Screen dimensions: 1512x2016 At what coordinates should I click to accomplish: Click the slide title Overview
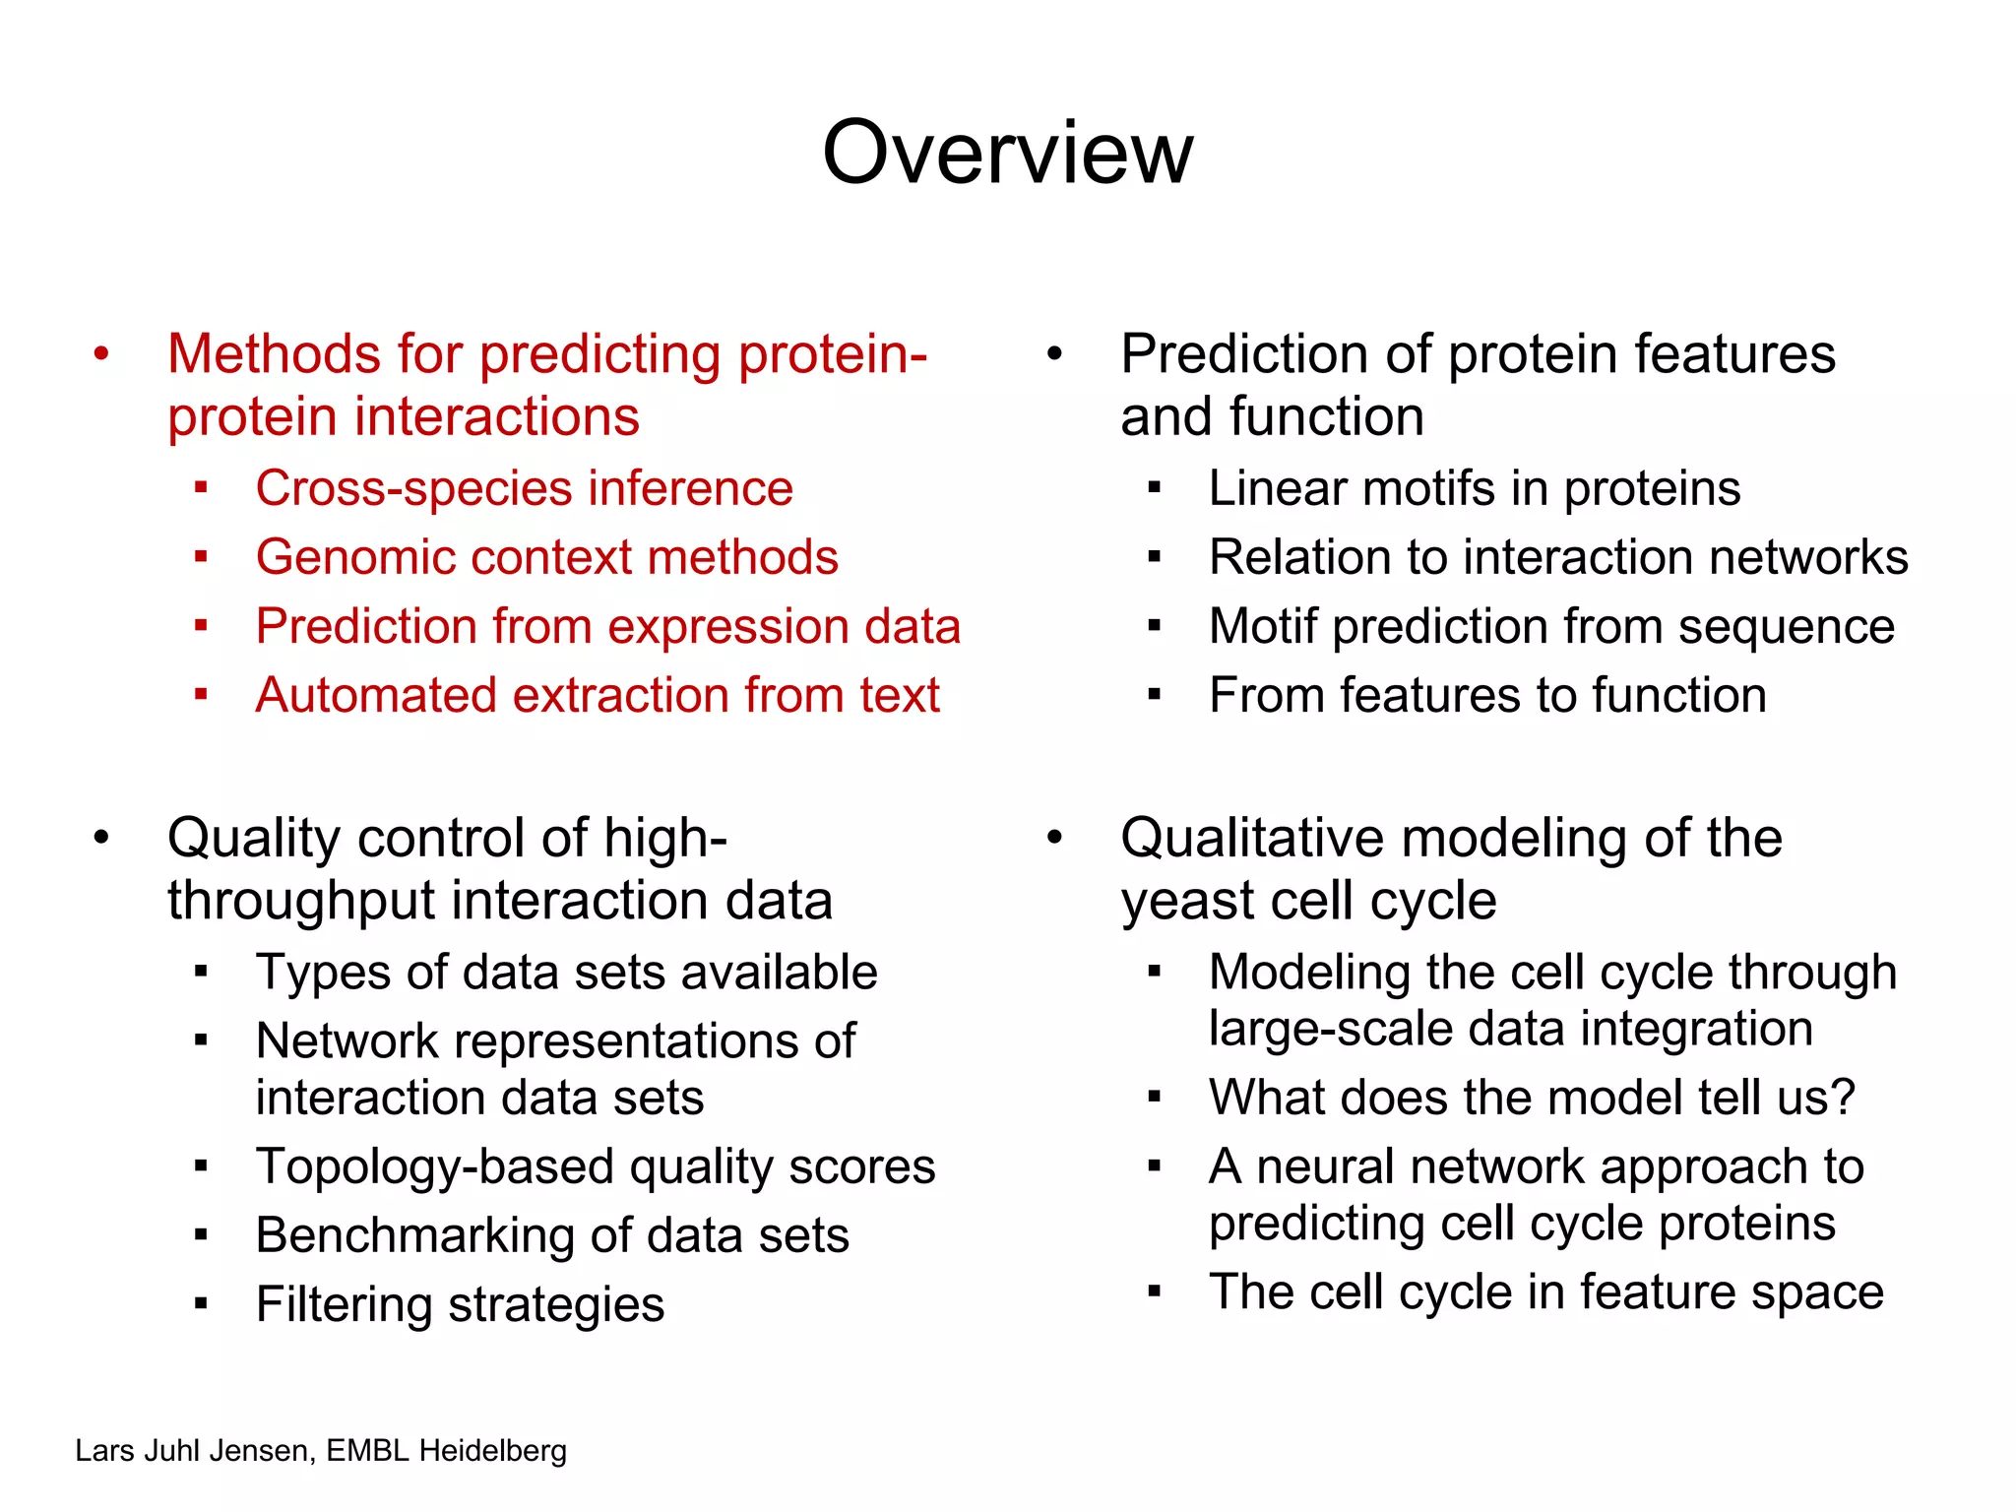tap(1007, 153)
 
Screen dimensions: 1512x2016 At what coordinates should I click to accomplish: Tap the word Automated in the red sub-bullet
tap(374, 695)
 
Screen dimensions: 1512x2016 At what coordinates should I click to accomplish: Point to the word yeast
tap(1187, 902)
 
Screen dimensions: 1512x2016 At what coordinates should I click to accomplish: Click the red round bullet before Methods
tap(100, 354)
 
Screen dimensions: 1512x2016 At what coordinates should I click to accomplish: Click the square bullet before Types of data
tap(201, 973)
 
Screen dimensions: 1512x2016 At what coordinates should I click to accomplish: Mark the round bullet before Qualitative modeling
tap(1054, 838)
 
